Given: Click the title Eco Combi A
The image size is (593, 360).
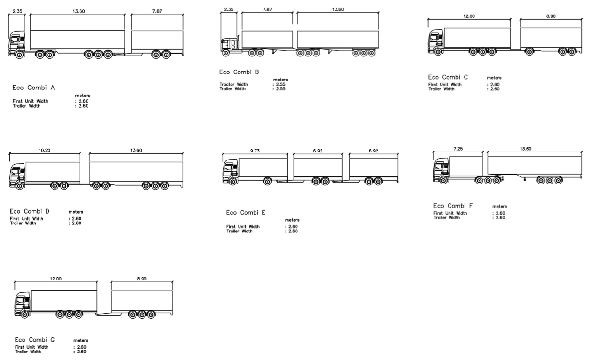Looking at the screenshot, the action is tap(33, 88).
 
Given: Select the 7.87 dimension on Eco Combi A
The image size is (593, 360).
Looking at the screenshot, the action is tap(157, 11).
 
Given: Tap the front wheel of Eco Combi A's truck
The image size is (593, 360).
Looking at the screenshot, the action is tap(19, 55).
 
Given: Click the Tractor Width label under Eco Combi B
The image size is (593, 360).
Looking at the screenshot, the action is tap(233, 84).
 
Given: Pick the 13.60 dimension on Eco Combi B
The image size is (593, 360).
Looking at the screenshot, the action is tap(338, 9).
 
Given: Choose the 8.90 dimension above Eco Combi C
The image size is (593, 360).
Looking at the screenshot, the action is tap(551, 16).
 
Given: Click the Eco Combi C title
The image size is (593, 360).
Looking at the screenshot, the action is tap(448, 77).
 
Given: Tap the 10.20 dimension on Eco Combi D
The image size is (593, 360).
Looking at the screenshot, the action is tap(44, 151).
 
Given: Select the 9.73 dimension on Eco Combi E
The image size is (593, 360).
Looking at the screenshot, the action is tap(255, 151).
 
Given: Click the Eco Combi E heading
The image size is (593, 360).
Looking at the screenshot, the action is tap(246, 213).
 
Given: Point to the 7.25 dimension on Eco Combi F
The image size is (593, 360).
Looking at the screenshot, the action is tap(458, 149).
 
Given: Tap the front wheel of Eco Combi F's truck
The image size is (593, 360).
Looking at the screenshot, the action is tap(443, 181).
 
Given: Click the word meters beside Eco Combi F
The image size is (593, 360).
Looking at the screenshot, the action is tap(499, 206).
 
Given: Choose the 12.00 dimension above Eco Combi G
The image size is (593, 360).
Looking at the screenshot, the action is tap(56, 279).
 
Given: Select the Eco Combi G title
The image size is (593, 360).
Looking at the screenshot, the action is tap(35, 340).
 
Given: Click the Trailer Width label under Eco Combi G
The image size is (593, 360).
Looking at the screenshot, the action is tap(28, 352).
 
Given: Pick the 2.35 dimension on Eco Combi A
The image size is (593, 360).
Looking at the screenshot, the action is tap(17, 11).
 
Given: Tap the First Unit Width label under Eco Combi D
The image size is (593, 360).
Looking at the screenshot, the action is tap(26, 219).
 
